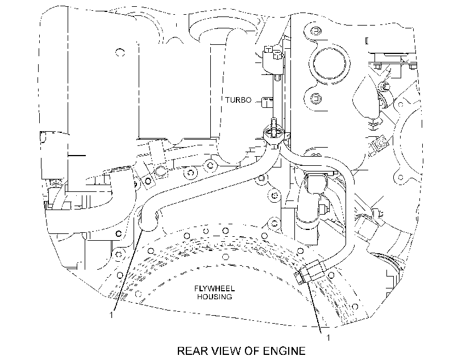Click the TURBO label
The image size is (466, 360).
[x=238, y=100]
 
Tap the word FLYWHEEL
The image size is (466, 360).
[x=215, y=288]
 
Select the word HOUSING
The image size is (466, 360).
[x=215, y=297]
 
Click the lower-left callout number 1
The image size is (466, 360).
[x=111, y=315]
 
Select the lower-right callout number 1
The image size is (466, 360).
[x=328, y=338]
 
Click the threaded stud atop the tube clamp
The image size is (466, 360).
[x=273, y=124]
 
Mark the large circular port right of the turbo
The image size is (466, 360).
[x=331, y=64]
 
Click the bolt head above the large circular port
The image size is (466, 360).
[x=315, y=30]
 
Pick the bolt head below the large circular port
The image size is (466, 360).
[x=315, y=98]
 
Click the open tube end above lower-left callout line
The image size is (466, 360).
[x=149, y=220]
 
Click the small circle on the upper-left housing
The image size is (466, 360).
[x=120, y=53]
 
